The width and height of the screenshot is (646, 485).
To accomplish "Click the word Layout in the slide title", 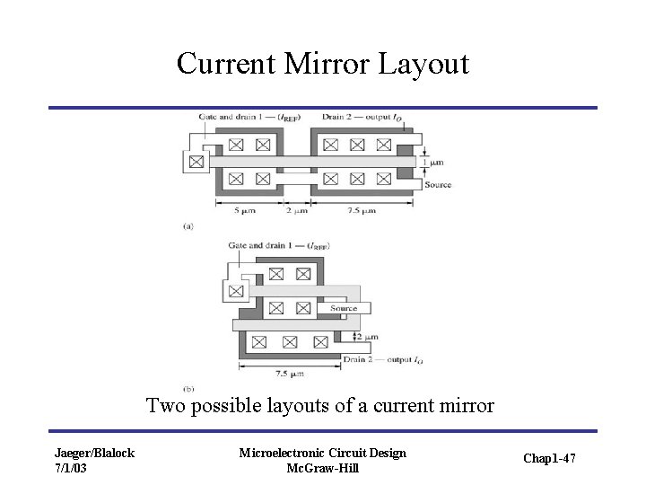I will pyautogui.click(x=424, y=64).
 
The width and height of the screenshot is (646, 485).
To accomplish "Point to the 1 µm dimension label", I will pyautogui.click(x=436, y=163).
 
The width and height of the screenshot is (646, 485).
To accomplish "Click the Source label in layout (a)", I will pyautogui.click(x=438, y=185).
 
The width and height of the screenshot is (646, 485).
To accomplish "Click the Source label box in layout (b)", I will pyautogui.click(x=344, y=308).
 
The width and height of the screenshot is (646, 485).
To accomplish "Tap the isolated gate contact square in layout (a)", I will pyautogui.click(x=196, y=163).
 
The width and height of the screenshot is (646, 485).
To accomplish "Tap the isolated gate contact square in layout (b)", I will pyautogui.click(x=235, y=291).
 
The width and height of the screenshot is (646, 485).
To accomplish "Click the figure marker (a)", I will pyautogui.click(x=188, y=227).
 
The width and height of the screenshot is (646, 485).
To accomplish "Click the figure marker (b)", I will pyautogui.click(x=188, y=389).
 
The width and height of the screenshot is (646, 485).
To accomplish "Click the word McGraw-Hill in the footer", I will pyautogui.click(x=322, y=468).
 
